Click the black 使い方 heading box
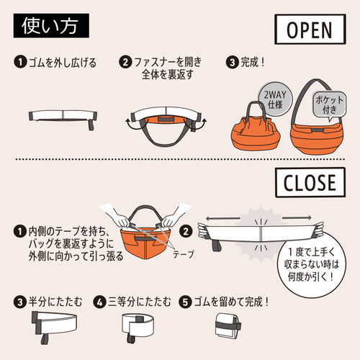coord(51,26)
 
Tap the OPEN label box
coord(310,30)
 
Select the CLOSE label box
coord(310,182)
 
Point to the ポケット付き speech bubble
coord(330,105)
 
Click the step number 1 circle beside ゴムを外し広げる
coord(20,62)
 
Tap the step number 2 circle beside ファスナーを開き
coord(125,62)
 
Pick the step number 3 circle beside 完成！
coord(232,62)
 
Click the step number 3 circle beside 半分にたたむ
coord(20,302)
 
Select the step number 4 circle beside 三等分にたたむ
coord(99,302)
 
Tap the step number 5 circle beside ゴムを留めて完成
coord(185,302)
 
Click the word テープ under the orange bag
coord(183,254)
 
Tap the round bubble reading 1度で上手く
coord(311,264)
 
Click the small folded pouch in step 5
coord(228,325)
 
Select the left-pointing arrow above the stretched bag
coord(222,218)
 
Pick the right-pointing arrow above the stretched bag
coord(297,218)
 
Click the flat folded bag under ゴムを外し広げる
coord(63,119)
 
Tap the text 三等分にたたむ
coord(140,302)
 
